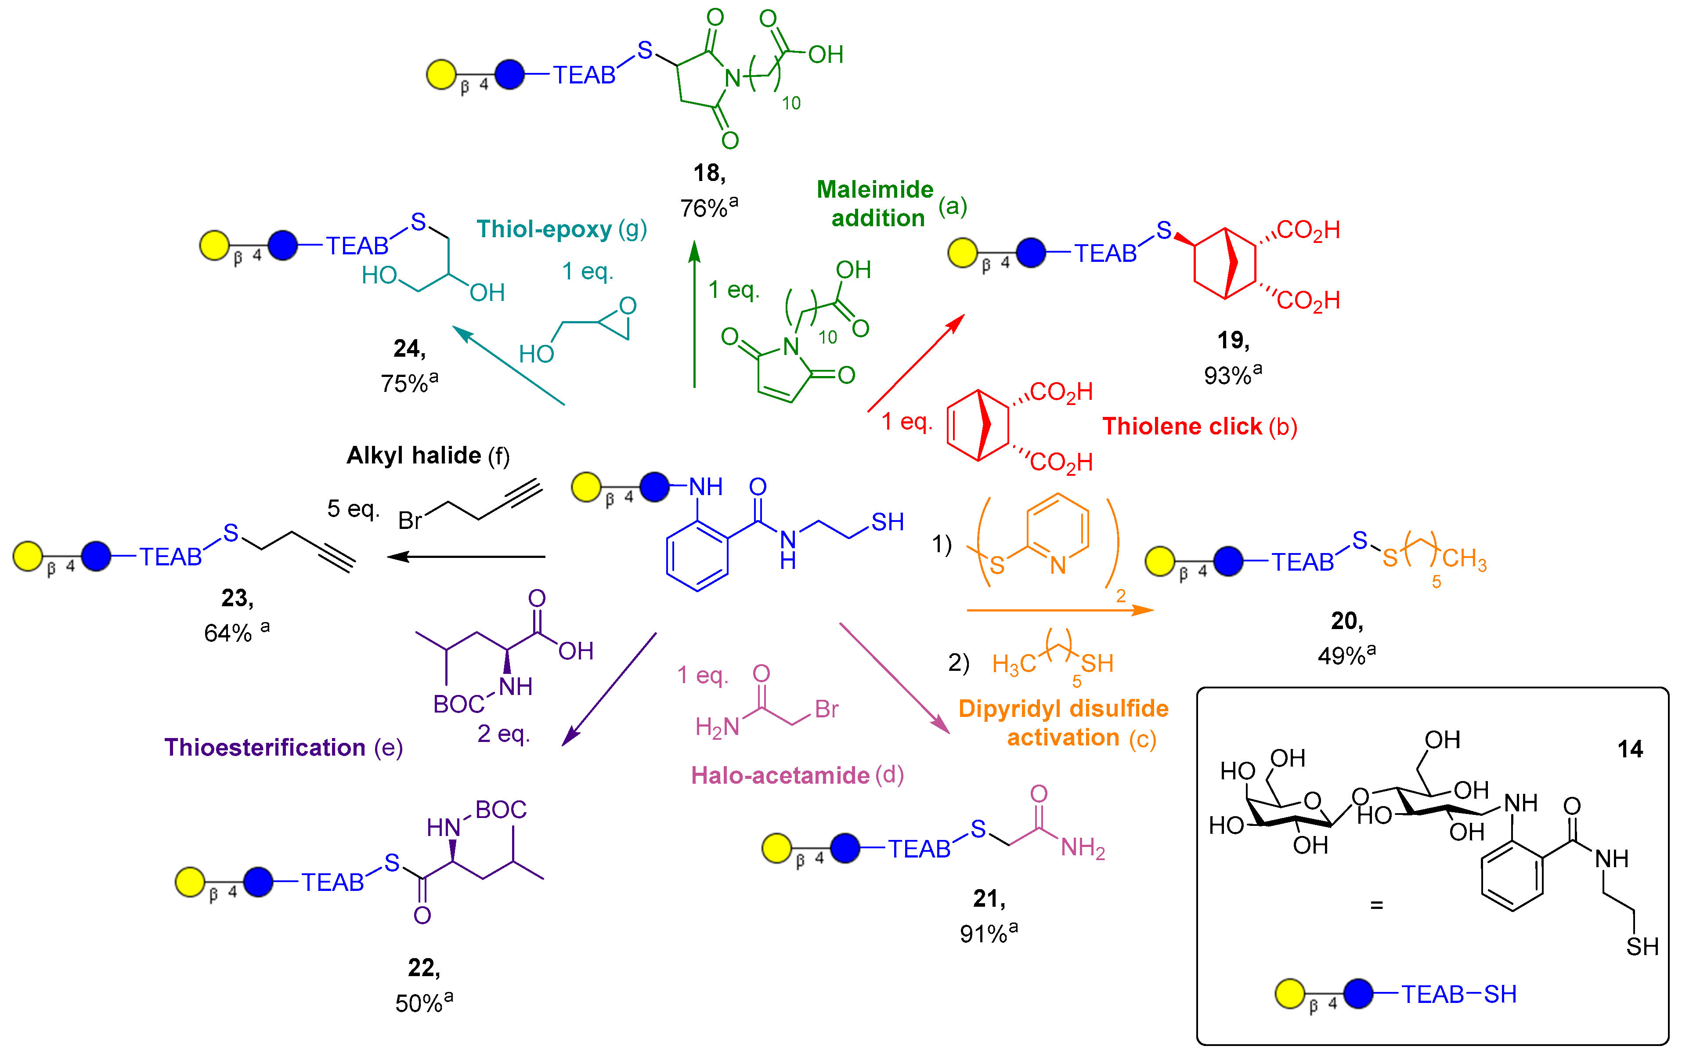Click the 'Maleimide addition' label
tap(875, 203)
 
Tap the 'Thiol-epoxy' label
tap(544, 229)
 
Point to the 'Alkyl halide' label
tap(414, 456)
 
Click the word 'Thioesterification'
tap(264, 747)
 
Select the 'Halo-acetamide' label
tap(780, 775)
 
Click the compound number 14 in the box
tap(1629, 749)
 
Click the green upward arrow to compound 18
tap(694, 313)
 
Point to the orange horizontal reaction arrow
tap(1058, 610)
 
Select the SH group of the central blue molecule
tap(887, 521)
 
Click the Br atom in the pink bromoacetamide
tap(827, 709)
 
